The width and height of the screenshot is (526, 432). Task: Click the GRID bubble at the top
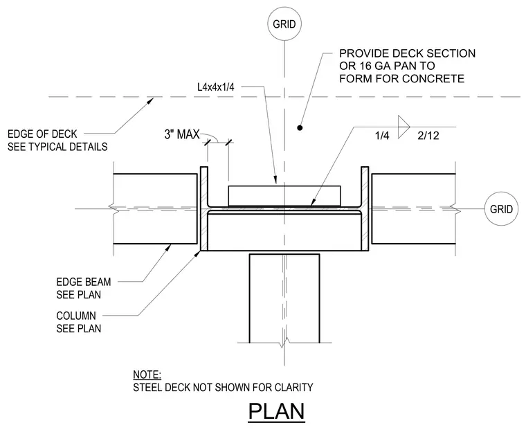click(284, 24)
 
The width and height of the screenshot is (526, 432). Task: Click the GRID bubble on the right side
click(502, 209)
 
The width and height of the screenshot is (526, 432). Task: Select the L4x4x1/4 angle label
click(216, 87)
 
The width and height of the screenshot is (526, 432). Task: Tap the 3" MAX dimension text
click(182, 134)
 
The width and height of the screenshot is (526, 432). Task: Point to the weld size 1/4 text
click(382, 136)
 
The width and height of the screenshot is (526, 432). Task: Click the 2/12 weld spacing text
click(428, 136)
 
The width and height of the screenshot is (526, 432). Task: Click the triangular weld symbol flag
click(404, 127)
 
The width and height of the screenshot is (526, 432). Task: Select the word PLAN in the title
click(276, 411)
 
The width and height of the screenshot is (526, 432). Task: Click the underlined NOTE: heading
click(147, 375)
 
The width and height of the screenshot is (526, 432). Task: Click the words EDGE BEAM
click(84, 282)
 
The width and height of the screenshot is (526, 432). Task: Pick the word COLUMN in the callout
click(76, 316)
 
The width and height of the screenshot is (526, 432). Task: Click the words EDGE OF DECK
click(42, 134)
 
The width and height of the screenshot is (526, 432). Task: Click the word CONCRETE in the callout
click(433, 78)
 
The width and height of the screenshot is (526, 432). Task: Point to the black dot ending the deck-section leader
click(300, 127)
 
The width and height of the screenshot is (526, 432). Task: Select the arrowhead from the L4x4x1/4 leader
click(275, 180)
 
